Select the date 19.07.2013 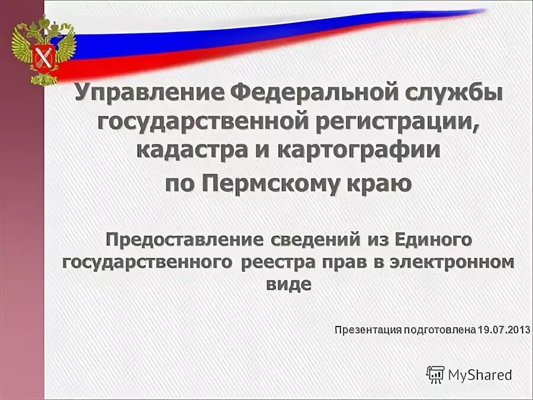coord(503,329)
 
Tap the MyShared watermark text coord(480,375)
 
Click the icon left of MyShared coord(435,374)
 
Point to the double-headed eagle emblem coord(44,50)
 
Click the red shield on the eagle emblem coord(44,57)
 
